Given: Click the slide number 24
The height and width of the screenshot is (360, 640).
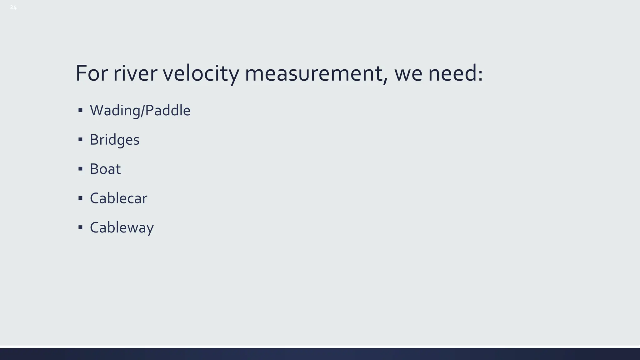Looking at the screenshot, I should [13, 7].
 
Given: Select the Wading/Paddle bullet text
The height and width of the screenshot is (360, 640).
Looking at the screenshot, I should [140, 110].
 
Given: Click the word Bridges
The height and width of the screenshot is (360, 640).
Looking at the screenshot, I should [114, 140].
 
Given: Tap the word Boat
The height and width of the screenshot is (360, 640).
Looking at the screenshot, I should [105, 169].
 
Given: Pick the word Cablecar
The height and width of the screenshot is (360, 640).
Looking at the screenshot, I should [118, 198].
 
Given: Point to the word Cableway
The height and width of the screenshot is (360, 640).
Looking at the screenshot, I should [122, 227].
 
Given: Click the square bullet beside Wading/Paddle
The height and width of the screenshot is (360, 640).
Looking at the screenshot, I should [80, 110].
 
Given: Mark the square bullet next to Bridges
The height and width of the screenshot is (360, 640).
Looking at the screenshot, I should [80, 139].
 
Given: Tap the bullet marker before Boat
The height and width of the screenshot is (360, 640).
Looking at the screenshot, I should [80, 169].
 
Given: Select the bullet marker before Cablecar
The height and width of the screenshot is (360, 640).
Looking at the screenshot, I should [80, 198].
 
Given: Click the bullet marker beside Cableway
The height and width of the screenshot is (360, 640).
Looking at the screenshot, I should [80, 227].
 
